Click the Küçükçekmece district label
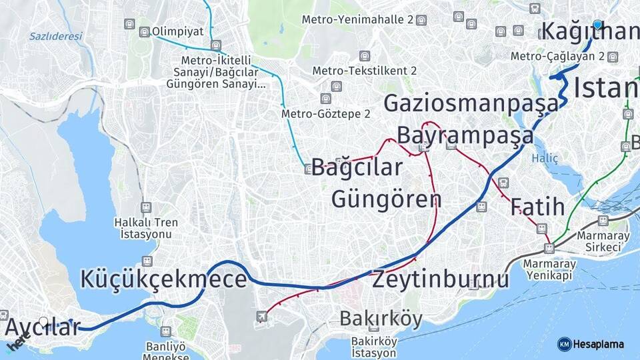[x=163, y=279]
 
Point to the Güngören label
[x=386, y=199]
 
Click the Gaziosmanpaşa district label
[x=471, y=103]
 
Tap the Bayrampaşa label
[x=465, y=135]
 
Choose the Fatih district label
[x=537, y=207]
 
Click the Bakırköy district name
[x=381, y=319]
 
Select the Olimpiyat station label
[x=177, y=31]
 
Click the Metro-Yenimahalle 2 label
[x=358, y=19]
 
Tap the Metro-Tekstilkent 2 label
[x=365, y=71]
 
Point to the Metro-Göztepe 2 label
[x=325, y=114]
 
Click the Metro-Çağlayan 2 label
[x=557, y=57]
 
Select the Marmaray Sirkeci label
[x=598, y=241]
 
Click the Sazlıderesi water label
[x=55, y=36]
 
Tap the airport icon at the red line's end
[x=262, y=315]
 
